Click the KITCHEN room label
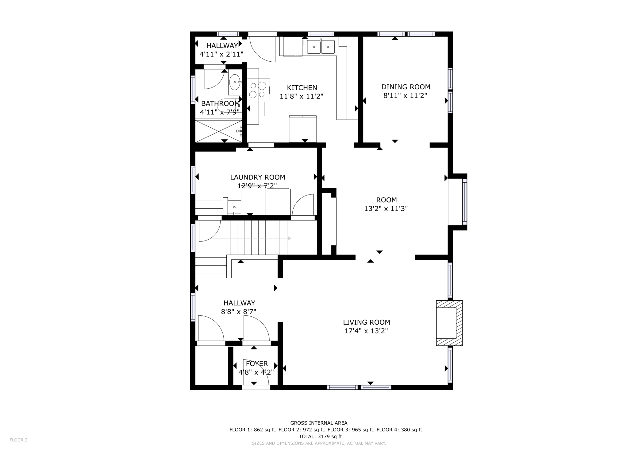click(302, 88)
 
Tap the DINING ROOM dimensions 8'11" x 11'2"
click(405, 96)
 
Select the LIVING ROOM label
click(366, 322)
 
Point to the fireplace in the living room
click(449, 323)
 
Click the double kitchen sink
click(321, 47)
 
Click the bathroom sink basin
click(235, 82)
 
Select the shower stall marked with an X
click(219, 131)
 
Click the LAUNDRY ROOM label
click(258, 177)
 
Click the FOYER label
click(257, 364)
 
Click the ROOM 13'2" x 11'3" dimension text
click(386, 209)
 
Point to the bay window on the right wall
click(464, 202)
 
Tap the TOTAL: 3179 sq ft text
click(320, 436)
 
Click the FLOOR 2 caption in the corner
click(18, 440)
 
